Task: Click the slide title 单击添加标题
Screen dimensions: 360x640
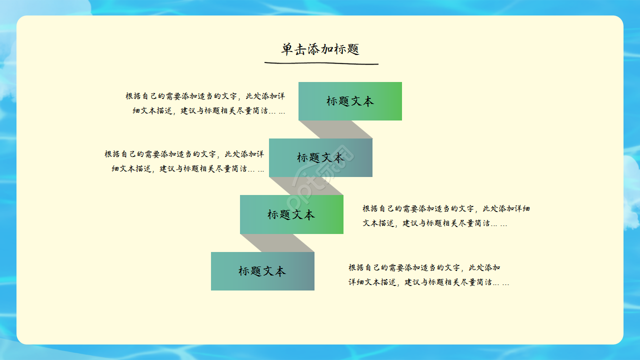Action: coord(320,49)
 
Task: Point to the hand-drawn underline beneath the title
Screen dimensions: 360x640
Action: coord(321,63)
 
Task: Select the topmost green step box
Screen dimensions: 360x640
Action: coord(350,101)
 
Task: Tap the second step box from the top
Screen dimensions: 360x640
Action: coord(320,157)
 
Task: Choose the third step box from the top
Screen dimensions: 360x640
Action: coord(291,214)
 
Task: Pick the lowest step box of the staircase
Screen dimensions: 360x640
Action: coord(262,271)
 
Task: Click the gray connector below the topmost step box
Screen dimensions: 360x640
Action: coord(335,129)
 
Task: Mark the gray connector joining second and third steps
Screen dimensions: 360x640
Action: coord(306,186)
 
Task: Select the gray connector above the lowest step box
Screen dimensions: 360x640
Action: coord(277,243)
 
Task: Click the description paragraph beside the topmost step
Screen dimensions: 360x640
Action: coord(205,103)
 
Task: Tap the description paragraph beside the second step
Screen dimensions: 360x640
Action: coord(184,161)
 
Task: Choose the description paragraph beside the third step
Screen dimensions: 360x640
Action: coord(446,216)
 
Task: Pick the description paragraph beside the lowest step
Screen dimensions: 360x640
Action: coord(428,275)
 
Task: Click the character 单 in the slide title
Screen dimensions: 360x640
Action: coord(287,49)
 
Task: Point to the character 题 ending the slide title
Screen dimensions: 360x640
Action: coord(353,49)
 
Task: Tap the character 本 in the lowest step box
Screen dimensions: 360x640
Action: coord(280,271)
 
